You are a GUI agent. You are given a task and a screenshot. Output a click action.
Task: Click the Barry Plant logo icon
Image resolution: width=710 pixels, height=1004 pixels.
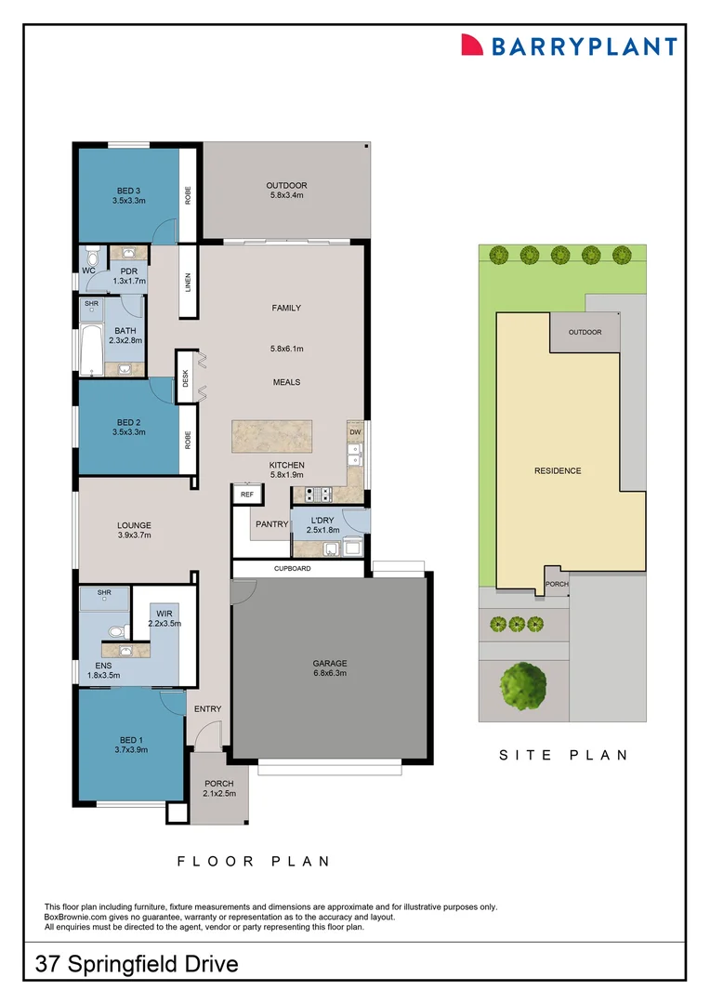(473, 46)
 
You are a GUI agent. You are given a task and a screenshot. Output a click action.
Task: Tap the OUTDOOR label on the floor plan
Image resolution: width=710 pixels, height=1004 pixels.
(286, 186)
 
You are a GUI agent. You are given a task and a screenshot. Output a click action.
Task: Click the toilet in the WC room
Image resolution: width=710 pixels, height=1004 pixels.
(91, 258)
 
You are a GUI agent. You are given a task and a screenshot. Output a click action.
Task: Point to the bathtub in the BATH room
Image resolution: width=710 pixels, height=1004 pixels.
(91, 350)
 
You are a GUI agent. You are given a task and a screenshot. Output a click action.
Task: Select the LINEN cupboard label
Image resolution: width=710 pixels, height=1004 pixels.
(187, 280)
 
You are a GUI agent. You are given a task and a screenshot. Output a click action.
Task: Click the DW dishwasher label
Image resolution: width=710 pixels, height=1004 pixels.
(355, 432)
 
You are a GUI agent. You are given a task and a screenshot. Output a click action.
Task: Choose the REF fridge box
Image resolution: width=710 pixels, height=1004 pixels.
(246, 495)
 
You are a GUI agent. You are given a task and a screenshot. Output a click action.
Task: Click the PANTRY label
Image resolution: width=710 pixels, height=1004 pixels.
(272, 524)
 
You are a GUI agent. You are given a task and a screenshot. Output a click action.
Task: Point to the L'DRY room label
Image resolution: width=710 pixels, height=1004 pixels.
(322, 520)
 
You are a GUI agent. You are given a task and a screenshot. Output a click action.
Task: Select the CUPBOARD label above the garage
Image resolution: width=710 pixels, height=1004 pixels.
(292, 568)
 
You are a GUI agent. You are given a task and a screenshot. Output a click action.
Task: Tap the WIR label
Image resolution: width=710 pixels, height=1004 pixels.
(164, 614)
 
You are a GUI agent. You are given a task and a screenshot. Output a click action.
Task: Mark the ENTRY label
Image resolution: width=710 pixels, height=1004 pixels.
(207, 709)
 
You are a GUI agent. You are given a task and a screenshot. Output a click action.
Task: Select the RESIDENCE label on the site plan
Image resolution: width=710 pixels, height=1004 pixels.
(558, 470)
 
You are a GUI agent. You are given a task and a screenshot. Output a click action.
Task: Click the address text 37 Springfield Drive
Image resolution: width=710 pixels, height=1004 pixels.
(137, 964)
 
